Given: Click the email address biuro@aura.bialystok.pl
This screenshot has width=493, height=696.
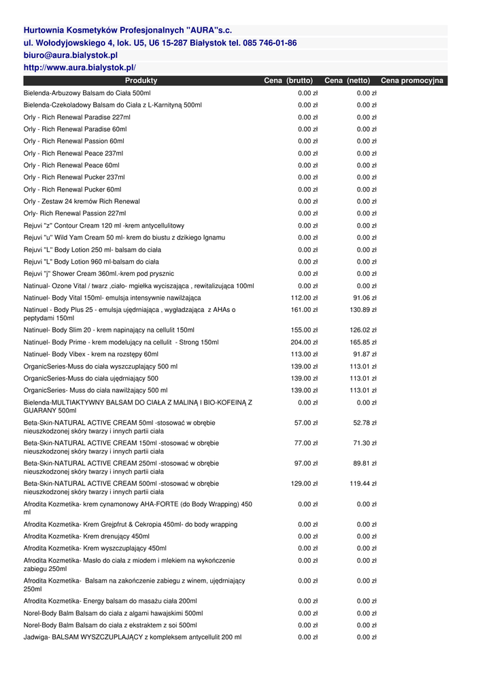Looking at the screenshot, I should [71, 55].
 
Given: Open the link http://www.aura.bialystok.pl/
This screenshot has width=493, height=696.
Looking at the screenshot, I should [80, 67].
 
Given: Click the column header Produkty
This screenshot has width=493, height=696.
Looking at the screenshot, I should [141, 81].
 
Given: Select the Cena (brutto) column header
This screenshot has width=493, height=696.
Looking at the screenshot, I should [288, 81].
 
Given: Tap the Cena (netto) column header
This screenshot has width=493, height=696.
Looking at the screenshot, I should [347, 81].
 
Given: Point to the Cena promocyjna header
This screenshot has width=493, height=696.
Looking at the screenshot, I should [411, 81].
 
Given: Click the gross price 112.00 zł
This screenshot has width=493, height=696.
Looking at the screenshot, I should [304, 298].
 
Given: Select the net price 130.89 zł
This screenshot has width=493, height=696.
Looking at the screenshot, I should [363, 310].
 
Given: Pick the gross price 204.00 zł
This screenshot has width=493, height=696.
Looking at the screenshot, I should [304, 343].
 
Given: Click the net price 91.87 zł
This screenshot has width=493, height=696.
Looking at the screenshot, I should [364, 354].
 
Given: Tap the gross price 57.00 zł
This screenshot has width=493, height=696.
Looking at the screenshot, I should [306, 423].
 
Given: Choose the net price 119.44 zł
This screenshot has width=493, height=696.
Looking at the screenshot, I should [363, 484].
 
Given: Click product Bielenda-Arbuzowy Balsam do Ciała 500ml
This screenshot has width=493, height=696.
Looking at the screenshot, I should [87, 93].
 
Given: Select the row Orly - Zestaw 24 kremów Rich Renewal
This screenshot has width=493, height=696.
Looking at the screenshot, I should [82, 201].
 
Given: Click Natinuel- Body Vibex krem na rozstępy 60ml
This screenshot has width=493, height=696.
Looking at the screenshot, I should [90, 354].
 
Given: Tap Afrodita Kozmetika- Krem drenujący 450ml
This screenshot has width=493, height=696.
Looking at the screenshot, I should [86, 536].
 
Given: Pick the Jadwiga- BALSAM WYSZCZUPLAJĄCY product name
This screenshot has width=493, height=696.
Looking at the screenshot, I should [132, 638].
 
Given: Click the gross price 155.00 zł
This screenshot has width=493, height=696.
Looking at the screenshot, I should [304, 330].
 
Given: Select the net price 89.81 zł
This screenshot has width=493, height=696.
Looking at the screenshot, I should [364, 464].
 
